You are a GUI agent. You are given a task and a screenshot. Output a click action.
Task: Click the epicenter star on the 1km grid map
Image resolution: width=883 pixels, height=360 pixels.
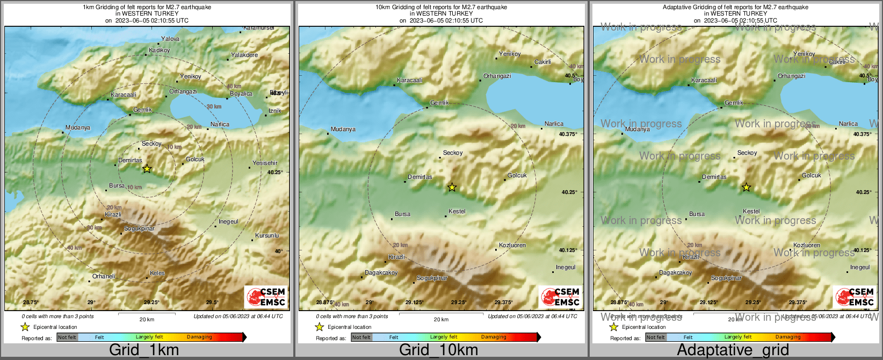tap(147, 169)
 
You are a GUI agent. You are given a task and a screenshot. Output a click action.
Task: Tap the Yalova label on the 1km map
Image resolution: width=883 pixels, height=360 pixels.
tap(170, 39)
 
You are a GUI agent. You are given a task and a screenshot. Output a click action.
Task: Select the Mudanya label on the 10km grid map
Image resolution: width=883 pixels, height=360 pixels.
tap(343, 129)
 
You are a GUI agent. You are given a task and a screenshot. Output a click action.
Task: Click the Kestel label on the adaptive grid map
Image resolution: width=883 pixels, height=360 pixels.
tap(751, 211)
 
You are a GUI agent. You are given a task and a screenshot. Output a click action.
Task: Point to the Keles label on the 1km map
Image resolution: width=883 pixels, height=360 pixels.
tap(157, 273)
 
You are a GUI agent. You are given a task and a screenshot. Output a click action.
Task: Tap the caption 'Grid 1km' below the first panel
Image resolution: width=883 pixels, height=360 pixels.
tap(144, 350)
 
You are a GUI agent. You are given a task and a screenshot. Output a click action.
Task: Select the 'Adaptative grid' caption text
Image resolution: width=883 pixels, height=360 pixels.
tap(733, 350)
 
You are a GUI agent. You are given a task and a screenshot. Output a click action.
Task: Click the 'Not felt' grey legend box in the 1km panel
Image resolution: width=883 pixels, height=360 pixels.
tap(67, 337)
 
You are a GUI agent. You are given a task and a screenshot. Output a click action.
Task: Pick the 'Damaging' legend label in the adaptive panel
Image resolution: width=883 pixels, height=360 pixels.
tap(788, 337)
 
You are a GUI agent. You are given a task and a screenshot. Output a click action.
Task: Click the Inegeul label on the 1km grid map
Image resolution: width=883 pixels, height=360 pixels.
tap(228, 221)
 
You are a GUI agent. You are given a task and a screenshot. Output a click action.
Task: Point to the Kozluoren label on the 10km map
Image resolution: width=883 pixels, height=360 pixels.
tap(512, 245)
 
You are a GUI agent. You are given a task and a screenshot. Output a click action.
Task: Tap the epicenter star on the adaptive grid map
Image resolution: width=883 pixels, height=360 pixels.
tap(746, 187)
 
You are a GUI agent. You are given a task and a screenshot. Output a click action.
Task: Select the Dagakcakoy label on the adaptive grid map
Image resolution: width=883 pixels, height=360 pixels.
tap(676, 272)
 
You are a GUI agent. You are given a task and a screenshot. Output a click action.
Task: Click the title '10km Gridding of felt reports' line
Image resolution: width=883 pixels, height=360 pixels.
tap(441, 7)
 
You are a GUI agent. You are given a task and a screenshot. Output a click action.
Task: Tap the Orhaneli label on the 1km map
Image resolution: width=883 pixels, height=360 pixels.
tap(104, 276)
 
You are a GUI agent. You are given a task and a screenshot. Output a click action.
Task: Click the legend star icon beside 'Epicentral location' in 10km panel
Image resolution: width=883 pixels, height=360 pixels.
tap(319, 327)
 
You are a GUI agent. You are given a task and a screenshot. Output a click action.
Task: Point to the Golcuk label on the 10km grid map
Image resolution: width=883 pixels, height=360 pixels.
tap(517, 175)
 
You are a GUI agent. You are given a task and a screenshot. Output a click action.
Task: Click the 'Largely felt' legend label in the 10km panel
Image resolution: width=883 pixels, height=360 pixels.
tap(444, 337)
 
